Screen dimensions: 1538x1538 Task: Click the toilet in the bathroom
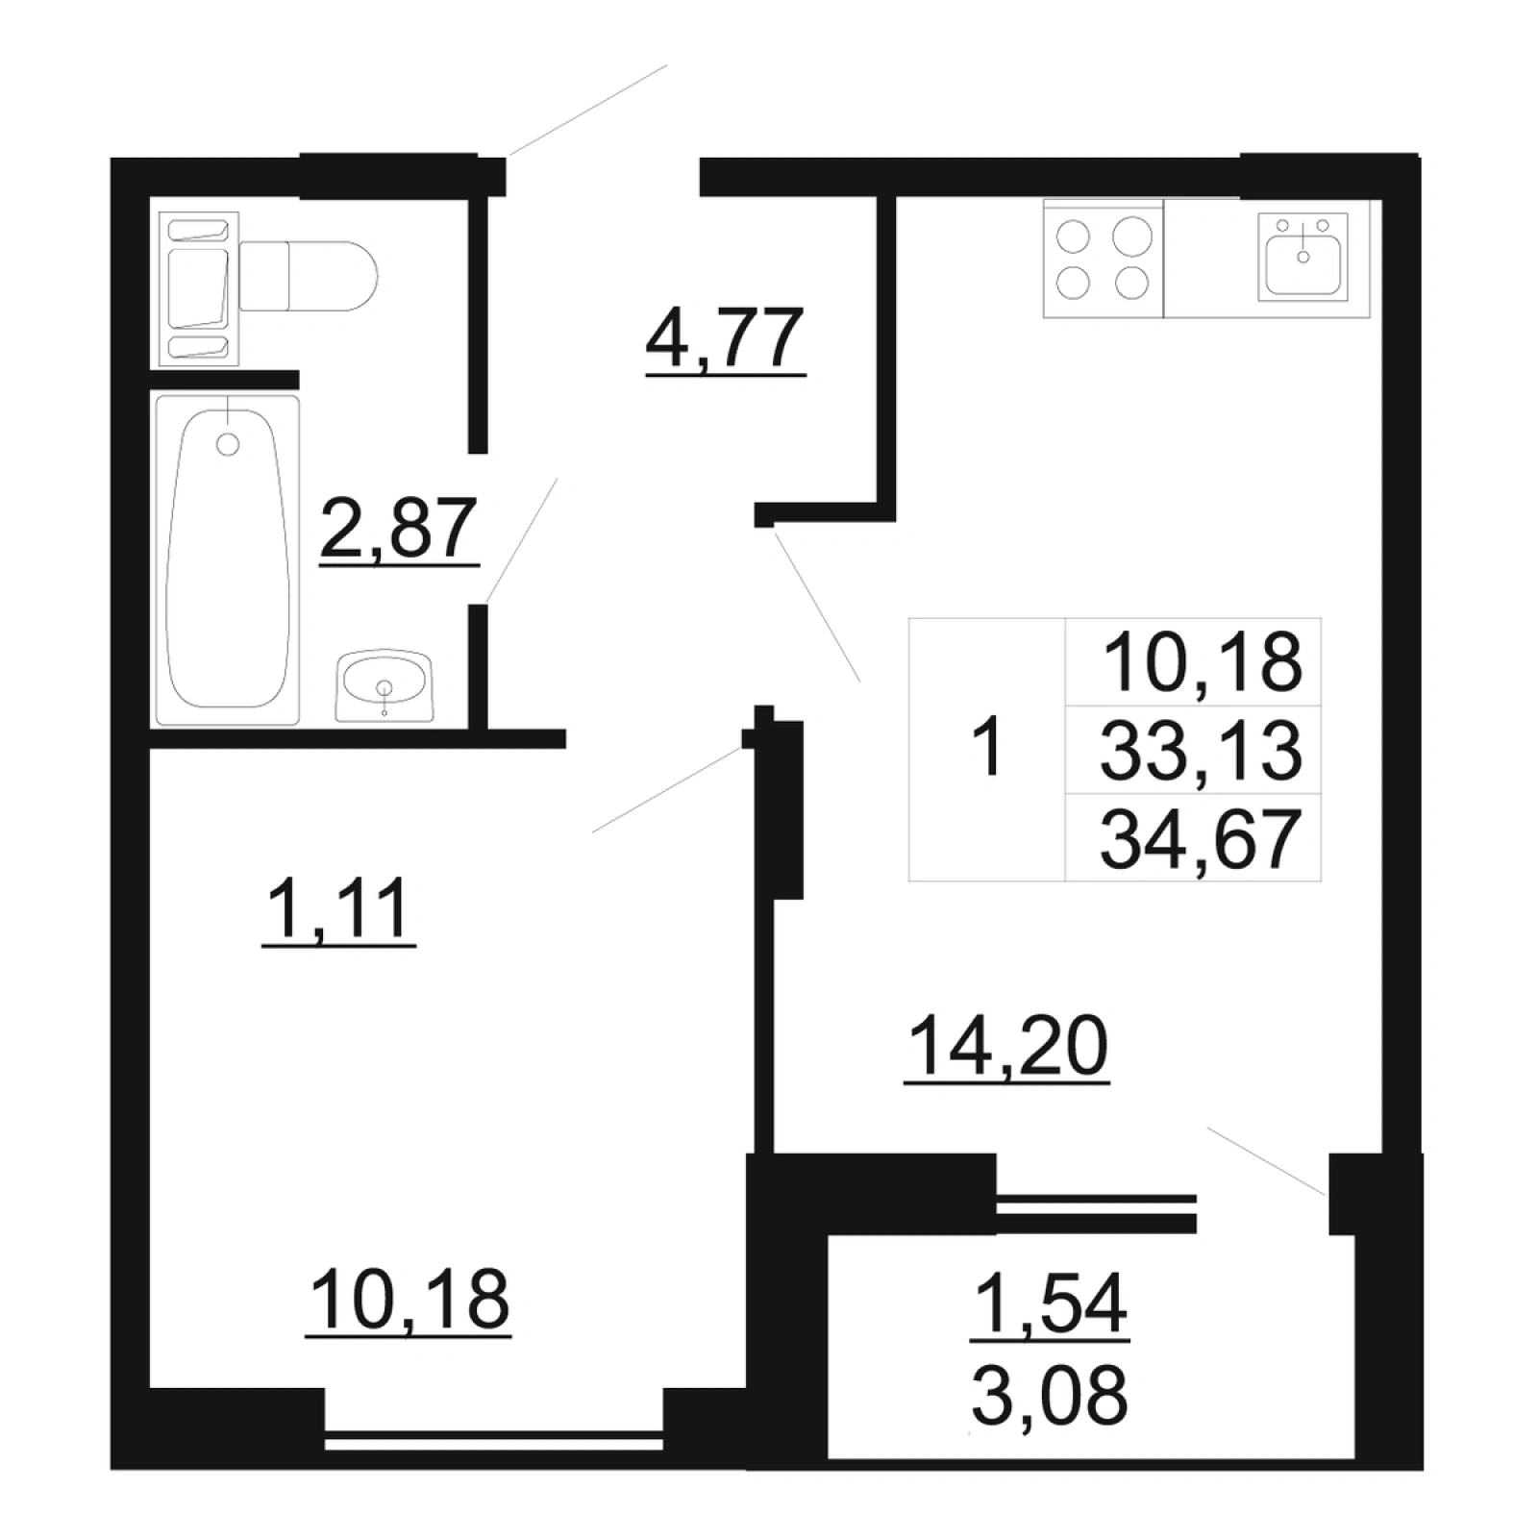click(x=308, y=276)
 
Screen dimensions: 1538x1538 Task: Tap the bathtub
click(x=228, y=559)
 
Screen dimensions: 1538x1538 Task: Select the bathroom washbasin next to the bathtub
click(x=384, y=685)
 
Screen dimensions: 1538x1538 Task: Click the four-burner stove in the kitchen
click(x=1104, y=258)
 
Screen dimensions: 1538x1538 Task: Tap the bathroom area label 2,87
click(x=399, y=529)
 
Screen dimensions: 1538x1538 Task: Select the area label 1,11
click(x=338, y=909)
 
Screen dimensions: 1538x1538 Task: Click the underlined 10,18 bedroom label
click(x=409, y=1300)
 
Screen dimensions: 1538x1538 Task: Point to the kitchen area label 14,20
click(x=1007, y=1047)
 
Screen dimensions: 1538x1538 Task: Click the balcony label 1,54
click(x=1050, y=1304)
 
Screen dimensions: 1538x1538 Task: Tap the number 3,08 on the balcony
click(x=1050, y=1396)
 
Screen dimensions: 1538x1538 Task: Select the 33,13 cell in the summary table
click(x=1201, y=751)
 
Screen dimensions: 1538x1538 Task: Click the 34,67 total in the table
click(x=1201, y=838)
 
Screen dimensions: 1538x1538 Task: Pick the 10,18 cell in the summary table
click(x=1203, y=663)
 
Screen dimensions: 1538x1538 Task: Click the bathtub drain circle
click(x=228, y=444)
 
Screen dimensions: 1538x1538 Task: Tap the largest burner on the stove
click(x=1132, y=236)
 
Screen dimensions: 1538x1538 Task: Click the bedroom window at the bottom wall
click(x=494, y=1442)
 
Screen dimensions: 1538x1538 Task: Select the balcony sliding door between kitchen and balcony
click(x=1096, y=1213)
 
